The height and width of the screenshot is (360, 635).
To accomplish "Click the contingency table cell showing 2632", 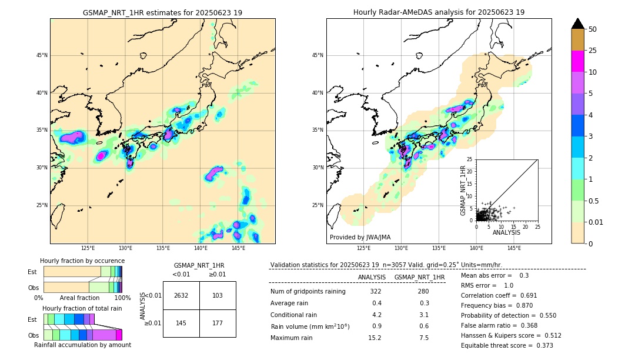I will (181, 295).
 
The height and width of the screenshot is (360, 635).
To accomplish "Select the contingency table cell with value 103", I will (218, 295).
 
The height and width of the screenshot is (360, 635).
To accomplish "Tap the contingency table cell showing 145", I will (181, 322).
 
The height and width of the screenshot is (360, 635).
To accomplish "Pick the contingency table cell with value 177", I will (218, 322).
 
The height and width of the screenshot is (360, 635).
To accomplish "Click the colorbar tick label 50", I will (593, 29).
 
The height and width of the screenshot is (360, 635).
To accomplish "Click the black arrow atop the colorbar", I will (578, 24).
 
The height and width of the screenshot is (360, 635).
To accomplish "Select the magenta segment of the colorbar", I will (578, 61).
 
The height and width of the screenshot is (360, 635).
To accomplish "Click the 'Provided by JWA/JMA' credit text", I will (360, 238).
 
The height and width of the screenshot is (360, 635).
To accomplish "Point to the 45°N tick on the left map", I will (42, 55).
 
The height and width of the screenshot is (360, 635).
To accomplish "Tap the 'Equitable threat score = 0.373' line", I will (507, 345).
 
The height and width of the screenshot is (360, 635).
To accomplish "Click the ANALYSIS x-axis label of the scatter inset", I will (506, 232).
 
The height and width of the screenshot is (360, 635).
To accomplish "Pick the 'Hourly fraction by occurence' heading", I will (82, 261).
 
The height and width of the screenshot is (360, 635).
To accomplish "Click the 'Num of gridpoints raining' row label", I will (308, 292).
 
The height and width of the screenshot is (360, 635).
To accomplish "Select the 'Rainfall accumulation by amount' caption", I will (82, 345).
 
